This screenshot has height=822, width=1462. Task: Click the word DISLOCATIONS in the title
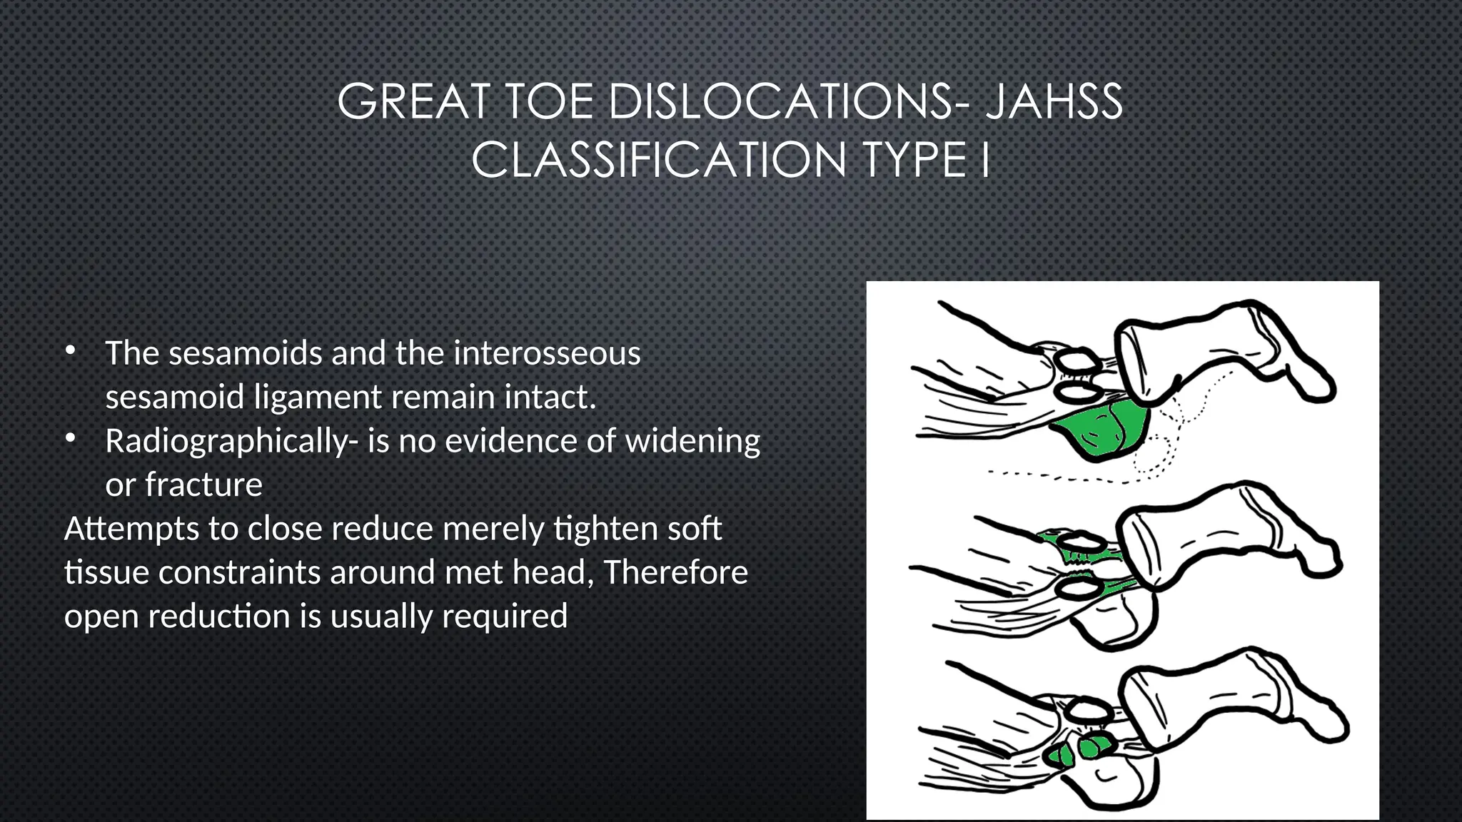coord(780,102)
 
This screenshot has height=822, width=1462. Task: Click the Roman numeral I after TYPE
coord(985,160)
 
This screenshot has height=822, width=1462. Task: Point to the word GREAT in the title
coord(413,102)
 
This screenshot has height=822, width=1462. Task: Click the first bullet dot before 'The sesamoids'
coord(70,350)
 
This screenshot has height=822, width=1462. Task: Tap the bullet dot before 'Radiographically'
coord(70,438)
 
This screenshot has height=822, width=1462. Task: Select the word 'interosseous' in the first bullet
coord(547,353)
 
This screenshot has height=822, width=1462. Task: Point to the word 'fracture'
coord(204,485)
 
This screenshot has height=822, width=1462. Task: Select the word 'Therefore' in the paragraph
coord(675,573)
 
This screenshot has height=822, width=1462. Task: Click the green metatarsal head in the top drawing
coord(1103,430)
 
